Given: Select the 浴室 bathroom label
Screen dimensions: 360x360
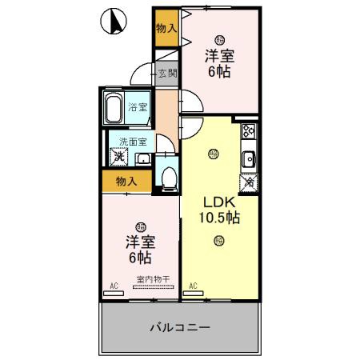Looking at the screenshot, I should (138, 106).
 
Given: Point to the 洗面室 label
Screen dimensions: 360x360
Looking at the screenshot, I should (133, 142).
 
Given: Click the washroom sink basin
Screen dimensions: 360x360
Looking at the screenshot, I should (142, 158).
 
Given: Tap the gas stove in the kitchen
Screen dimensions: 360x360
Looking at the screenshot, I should (248, 131).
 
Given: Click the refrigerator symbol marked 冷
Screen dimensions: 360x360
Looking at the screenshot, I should (249, 182).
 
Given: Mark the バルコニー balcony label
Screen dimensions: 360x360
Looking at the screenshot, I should (179, 327).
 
